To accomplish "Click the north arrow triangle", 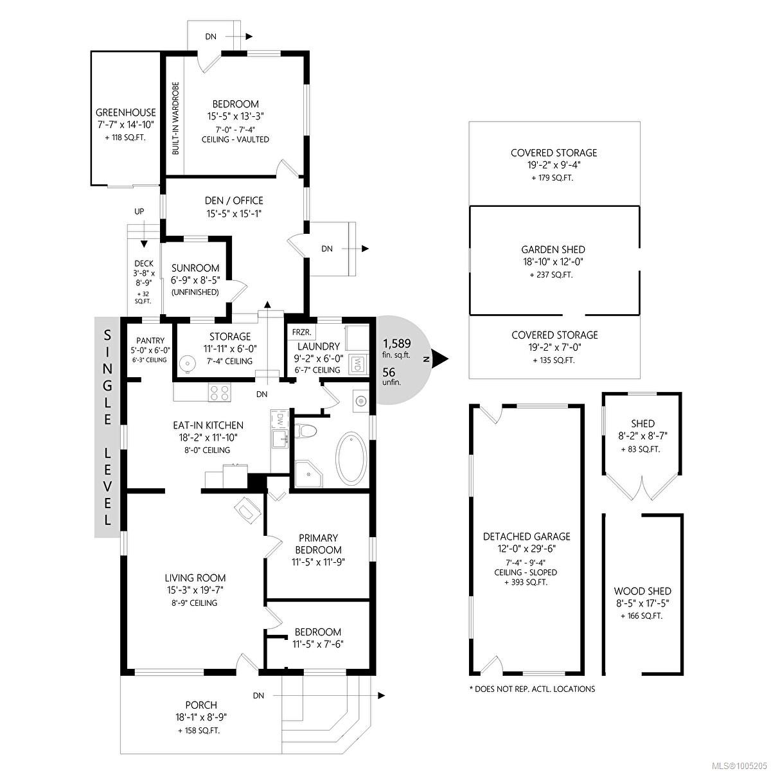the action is click(x=440, y=359).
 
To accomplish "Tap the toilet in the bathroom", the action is click(x=306, y=430).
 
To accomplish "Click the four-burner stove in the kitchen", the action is click(x=220, y=393).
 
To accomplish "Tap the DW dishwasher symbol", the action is click(x=279, y=420).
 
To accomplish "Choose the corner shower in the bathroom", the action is click(x=308, y=474).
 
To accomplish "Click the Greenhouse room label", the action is click(x=126, y=112).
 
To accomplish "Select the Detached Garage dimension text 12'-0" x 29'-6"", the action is click(x=526, y=549).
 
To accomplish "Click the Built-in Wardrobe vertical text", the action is click(x=175, y=118).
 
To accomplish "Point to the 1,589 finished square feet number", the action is click(x=397, y=343).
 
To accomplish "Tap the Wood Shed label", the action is click(x=642, y=591).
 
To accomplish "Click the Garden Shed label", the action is click(x=553, y=250).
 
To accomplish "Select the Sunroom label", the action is click(x=195, y=268).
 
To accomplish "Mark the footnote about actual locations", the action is click(x=532, y=689).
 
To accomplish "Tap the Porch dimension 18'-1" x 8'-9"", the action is click(x=202, y=717).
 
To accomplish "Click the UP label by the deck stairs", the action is click(x=139, y=211).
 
